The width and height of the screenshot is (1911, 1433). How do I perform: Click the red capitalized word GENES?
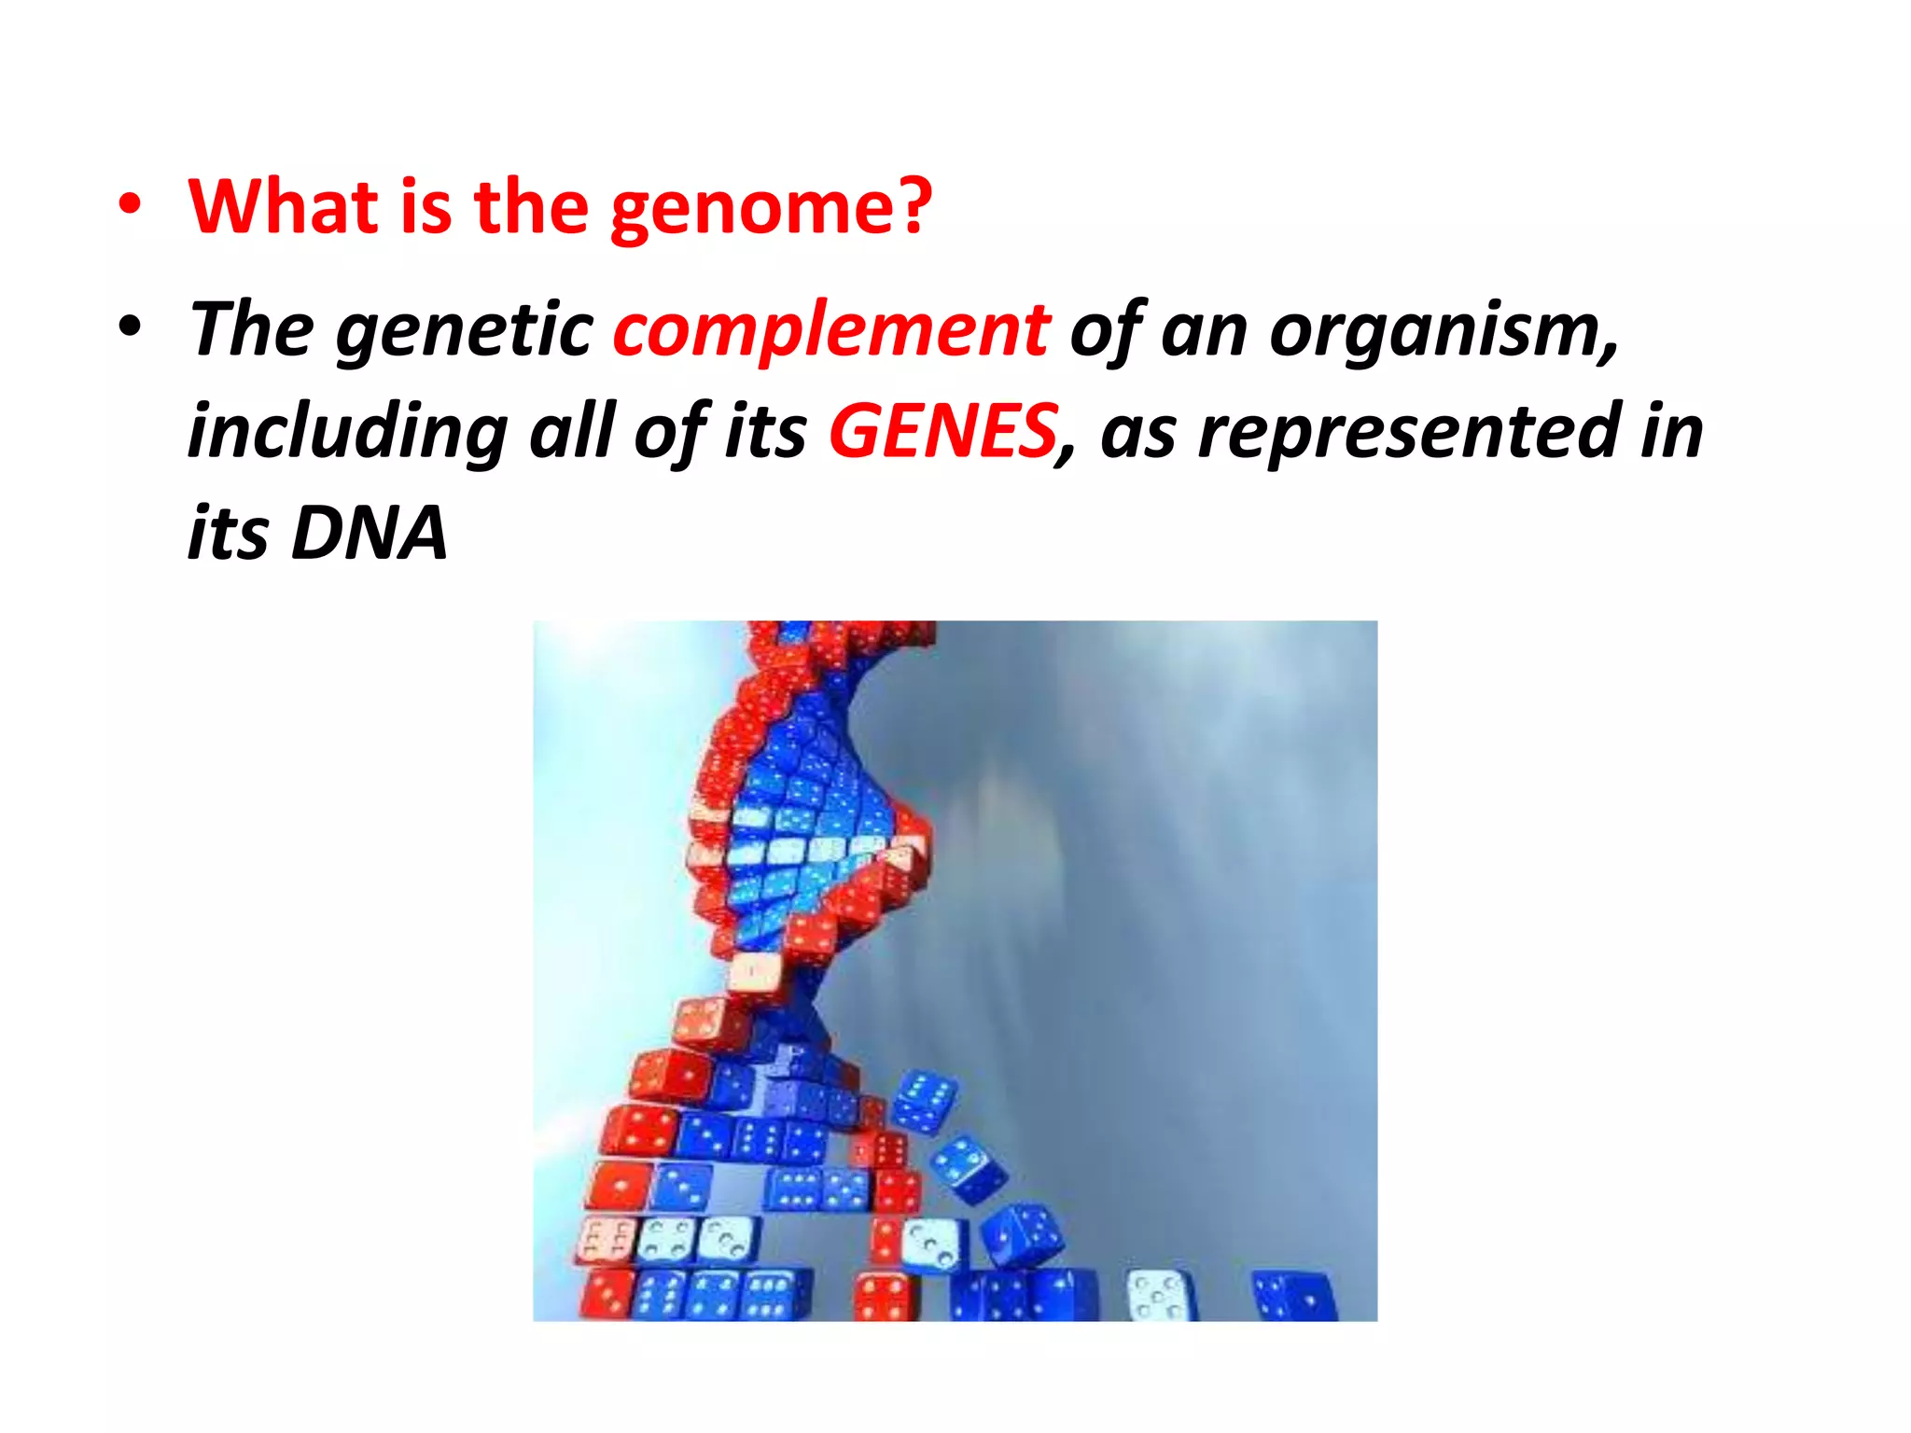[x=942, y=431]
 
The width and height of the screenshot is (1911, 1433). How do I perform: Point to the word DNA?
[x=369, y=534]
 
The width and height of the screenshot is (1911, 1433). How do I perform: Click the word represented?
[x=1409, y=431]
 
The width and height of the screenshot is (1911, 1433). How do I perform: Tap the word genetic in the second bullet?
[x=464, y=331]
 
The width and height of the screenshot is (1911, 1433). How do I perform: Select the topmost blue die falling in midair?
[x=924, y=1102]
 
